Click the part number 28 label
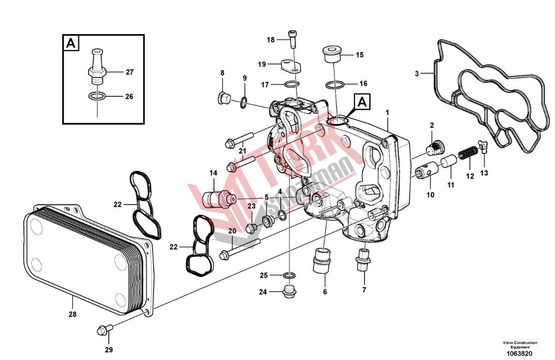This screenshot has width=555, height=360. coord(72,314)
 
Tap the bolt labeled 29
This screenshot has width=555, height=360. coord(105,330)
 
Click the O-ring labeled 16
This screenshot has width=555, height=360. coord(335,85)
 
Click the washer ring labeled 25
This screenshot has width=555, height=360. coord(289,275)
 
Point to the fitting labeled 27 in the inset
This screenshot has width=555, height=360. coord(97,66)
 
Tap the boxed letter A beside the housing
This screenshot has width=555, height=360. coord(362,101)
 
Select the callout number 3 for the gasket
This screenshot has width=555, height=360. coord(417,74)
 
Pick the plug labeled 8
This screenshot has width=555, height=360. coord(224,98)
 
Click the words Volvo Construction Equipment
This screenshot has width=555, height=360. coord(520,345)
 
